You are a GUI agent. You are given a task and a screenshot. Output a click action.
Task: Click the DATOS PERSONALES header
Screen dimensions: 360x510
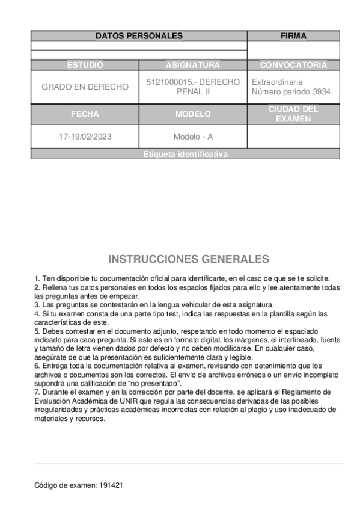(x=139, y=36)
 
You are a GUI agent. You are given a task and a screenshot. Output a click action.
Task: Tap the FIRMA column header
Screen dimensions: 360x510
(x=293, y=36)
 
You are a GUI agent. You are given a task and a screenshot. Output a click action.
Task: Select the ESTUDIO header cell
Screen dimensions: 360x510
(x=85, y=65)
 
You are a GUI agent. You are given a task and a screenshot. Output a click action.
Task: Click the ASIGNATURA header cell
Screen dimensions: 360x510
(x=193, y=65)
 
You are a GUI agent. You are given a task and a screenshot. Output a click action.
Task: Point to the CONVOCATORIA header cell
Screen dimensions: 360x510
(x=293, y=65)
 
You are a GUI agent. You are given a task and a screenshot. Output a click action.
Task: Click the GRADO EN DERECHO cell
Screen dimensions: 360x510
(x=85, y=87)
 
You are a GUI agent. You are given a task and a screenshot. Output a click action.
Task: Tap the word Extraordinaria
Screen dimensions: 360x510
(x=276, y=82)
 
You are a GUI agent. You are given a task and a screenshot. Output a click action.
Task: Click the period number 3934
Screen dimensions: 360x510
(x=319, y=92)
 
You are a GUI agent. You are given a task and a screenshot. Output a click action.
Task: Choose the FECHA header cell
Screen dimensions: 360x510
(x=85, y=114)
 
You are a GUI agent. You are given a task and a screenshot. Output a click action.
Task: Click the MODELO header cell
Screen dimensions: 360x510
(x=193, y=114)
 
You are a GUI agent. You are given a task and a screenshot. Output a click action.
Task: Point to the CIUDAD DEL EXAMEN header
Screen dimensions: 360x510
(x=293, y=114)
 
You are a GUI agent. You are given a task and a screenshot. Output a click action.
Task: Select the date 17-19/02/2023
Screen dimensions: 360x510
(x=85, y=137)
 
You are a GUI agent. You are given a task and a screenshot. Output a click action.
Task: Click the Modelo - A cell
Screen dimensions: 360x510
(x=193, y=137)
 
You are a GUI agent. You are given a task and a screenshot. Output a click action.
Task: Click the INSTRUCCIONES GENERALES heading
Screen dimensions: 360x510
(x=189, y=260)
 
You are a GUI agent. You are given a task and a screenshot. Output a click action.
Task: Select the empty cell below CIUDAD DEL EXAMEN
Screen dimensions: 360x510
(x=293, y=137)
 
